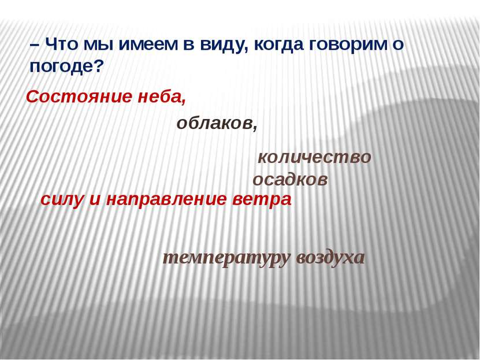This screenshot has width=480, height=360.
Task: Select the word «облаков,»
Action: (217, 123)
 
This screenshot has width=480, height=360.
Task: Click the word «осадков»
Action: (291, 180)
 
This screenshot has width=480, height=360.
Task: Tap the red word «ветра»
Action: (262, 199)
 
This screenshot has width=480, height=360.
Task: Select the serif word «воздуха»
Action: (330, 258)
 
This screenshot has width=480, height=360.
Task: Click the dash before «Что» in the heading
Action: (34, 44)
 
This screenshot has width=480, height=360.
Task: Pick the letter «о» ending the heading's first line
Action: (398, 44)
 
